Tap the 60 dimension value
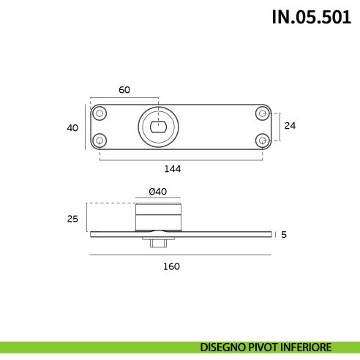pyautogui.click(x=124, y=90)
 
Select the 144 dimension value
pyautogui.click(x=172, y=169)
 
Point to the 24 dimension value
pyautogui.click(x=290, y=126)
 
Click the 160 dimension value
pyautogui.click(x=171, y=266)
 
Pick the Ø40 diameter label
pyautogui.click(x=157, y=192)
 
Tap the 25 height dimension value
pyautogui.click(x=72, y=218)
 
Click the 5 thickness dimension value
pyautogui.click(x=284, y=235)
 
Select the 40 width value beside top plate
pyautogui.click(x=72, y=128)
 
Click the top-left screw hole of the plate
pyautogui.click(x=100, y=113)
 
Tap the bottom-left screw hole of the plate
pyautogui.click(x=100, y=139)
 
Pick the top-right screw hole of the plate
pyautogui.click(x=262, y=113)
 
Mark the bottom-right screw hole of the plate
pyautogui.click(x=262, y=139)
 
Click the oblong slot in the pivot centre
pyautogui.click(x=158, y=127)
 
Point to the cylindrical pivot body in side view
pyautogui.click(x=158, y=217)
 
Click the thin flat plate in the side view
pyautogui.click(x=220, y=234)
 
